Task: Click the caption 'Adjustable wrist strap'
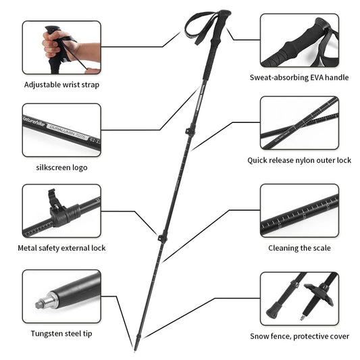(61, 85)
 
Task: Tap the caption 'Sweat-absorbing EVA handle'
(299, 77)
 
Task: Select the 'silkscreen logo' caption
(61, 167)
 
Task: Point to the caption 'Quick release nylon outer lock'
(299, 160)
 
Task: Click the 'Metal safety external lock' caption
(61, 248)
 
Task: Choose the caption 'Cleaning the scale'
(299, 248)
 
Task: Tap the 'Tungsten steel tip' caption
(61, 333)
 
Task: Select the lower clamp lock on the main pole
(162, 238)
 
